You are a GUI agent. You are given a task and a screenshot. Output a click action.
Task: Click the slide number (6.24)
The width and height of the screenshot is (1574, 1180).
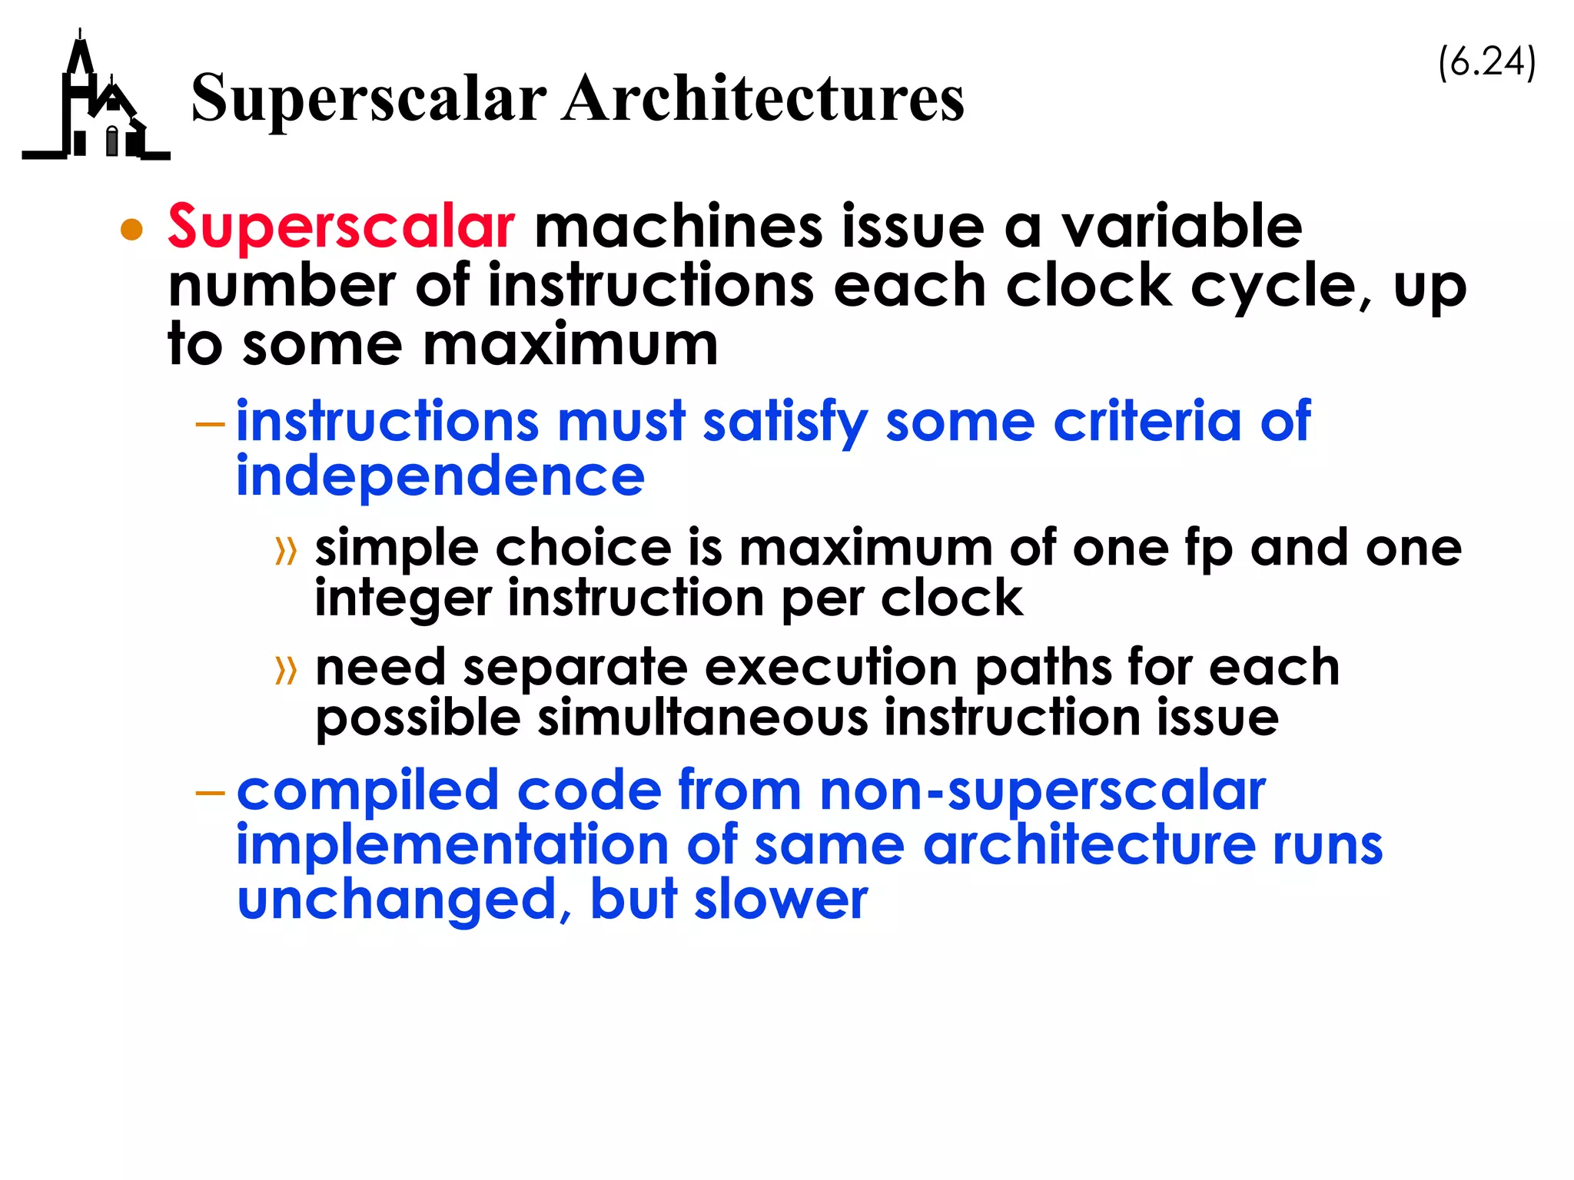click(1486, 62)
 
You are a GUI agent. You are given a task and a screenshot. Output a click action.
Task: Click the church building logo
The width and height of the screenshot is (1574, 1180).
click(96, 104)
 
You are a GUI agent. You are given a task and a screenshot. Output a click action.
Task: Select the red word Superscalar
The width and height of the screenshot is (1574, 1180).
click(341, 227)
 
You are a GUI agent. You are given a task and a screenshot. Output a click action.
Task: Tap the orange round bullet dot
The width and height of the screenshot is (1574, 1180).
click(132, 230)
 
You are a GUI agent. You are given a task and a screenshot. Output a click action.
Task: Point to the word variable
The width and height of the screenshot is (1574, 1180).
click(1181, 227)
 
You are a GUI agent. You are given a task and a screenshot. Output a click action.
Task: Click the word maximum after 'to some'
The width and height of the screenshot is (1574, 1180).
click(570, 345)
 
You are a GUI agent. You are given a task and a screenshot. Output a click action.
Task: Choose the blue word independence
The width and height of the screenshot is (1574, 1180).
click(440, 476)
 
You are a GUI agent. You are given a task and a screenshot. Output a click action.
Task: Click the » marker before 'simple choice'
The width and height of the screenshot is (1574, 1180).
click(286, 551)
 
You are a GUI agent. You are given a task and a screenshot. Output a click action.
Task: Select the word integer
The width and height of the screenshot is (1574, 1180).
click(402, 599)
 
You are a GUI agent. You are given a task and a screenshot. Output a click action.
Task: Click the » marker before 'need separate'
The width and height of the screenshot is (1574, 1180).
click(286, 670)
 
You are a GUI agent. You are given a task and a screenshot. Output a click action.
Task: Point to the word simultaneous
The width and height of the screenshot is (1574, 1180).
click(702, 718)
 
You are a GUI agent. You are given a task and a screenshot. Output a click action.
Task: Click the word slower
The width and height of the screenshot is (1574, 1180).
click(781, 900)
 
